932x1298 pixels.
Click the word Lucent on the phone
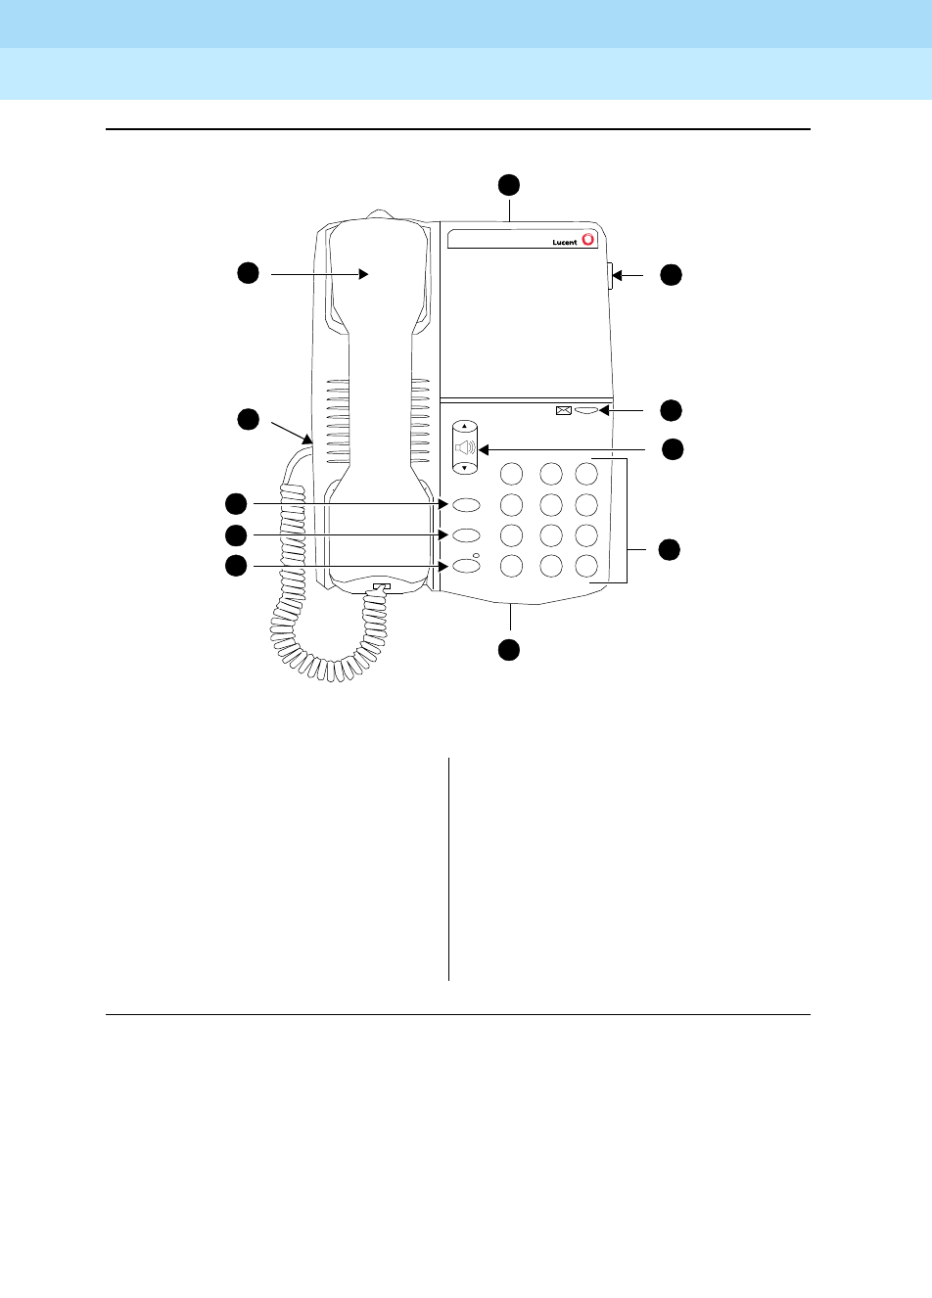point(565,242)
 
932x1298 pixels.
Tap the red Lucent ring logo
point(587,238)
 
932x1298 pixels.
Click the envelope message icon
point(563,411)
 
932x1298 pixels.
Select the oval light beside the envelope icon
point(585,411)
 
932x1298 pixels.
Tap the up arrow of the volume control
point(465,428)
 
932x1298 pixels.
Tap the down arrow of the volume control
point(465,468)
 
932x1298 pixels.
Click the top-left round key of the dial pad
point(510,474)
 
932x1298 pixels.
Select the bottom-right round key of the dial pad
point(586,566)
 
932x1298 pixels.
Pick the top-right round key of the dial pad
point(586,474)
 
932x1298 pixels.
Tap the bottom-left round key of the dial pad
point(510,566)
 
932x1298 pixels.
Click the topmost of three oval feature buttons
point(467,505)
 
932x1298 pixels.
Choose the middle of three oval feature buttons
point(467,535)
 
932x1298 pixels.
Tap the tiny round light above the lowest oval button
point(476,556)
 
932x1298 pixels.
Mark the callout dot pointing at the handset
point(249,273)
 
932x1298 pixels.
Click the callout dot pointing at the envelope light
point(670,409)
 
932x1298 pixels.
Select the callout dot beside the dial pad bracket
point(669,549)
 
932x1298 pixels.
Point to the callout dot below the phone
point(508,649)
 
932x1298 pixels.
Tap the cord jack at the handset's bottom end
point(380,587)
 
